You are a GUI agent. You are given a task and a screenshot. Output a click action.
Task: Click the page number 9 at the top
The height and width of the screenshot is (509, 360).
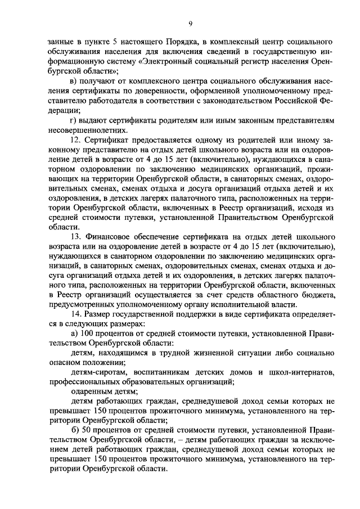pyautogui.click(x=190, y=23)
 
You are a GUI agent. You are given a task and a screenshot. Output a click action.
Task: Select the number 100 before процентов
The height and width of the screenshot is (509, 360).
pyautogui.click(x=87, y=336)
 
